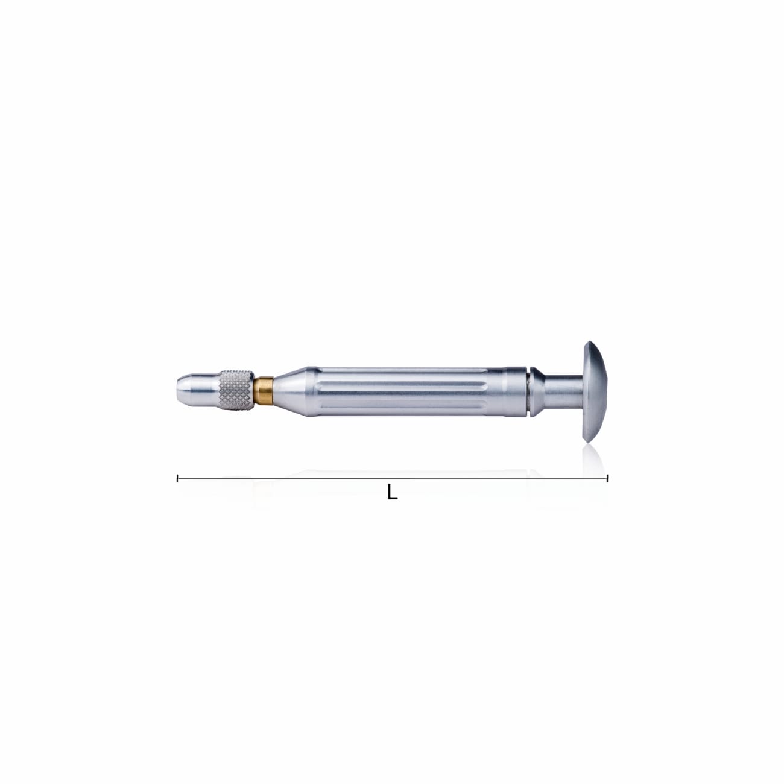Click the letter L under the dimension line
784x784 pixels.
click(392, 493)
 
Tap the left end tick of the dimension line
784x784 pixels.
click(177, 478)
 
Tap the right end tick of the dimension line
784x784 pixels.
click(607, 478)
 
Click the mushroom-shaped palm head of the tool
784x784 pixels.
click(594, 392)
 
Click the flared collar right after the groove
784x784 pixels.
click(536, 392)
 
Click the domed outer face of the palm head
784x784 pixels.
click(601, 392)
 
